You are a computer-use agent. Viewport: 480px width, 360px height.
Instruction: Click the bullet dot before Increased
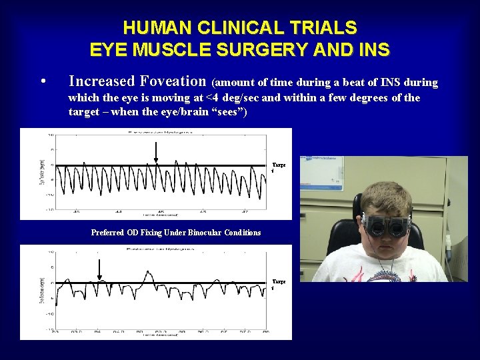[x=43, y=83]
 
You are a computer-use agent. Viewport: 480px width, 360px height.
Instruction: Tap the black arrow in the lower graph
[x=99, y=269]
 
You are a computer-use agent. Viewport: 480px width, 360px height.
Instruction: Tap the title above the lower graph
[x=155, y=249]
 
